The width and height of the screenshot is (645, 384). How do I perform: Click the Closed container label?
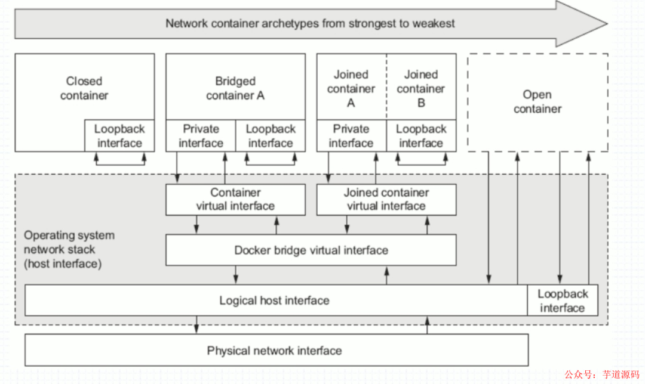click(84, 88)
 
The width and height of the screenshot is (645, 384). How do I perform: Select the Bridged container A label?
click(235, 88)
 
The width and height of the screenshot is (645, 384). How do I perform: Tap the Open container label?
click(537, 102)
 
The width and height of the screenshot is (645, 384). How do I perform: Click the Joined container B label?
click(421, 89)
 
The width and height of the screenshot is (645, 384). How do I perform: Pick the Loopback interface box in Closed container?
click(119, 136)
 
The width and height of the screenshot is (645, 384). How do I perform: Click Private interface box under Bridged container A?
click(201, 136)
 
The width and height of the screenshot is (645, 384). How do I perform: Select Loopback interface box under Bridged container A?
click(271, 136)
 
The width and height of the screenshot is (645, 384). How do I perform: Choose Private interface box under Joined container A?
click(351, 136)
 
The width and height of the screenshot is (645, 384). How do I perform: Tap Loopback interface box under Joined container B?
click(421, 136)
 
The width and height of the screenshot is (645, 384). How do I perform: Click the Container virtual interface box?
click(235, 200)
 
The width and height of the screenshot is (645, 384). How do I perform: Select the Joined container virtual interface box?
click(386, 200)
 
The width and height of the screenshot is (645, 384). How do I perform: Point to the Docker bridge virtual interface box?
click(311, 250)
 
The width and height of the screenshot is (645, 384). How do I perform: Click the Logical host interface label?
click(274, 301)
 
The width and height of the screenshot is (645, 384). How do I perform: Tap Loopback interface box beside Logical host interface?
click(563, 301)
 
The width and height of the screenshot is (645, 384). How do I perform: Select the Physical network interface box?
click(277, 351)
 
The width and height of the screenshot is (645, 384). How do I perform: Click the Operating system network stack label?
click(69, 249)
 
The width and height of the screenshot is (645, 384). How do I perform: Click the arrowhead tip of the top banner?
click(607, 23)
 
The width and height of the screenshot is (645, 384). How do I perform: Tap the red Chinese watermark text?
click(602, 374)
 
